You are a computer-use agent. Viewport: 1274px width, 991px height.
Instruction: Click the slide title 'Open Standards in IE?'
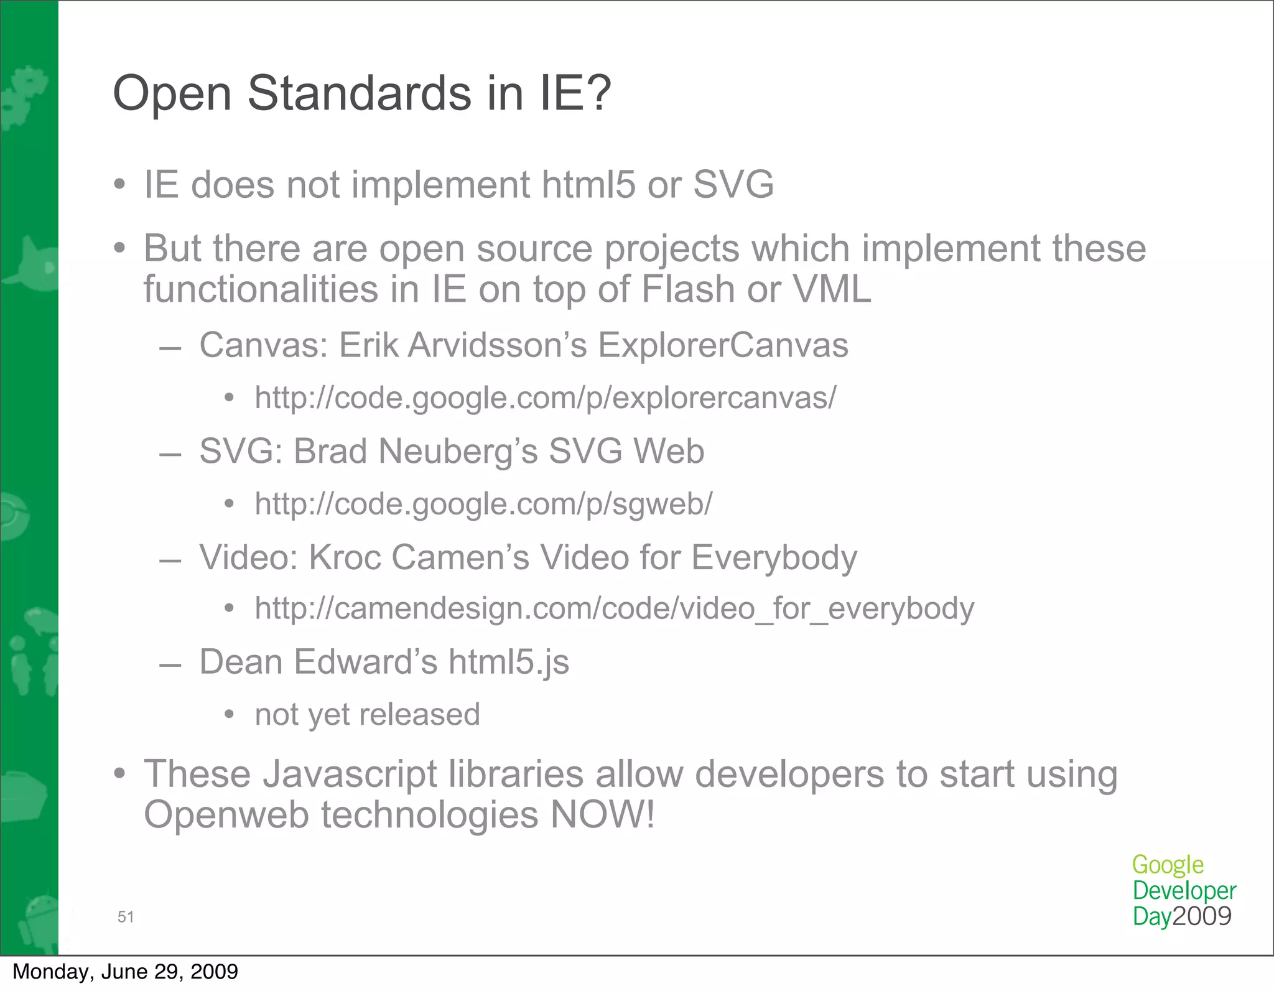(362, 93)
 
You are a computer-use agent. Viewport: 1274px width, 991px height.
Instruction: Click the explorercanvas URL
(546, 398)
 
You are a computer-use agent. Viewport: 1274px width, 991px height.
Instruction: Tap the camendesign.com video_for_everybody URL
(614, 608)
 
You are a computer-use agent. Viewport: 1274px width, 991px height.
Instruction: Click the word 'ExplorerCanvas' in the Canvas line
(723, 345)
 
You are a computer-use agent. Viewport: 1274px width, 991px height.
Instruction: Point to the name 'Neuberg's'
(458, 451)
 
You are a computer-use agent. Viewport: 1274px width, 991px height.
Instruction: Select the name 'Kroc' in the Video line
(345, 557)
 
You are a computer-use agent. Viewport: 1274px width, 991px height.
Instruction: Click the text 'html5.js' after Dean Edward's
(508, 662)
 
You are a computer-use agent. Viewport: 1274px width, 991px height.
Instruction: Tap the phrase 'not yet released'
(367, 715)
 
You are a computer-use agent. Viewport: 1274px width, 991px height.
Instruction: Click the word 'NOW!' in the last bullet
(602, 815)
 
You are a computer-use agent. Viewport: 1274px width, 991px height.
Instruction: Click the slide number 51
(126, 916)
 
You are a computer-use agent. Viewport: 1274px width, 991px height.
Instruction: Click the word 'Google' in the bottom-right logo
(1168, 865)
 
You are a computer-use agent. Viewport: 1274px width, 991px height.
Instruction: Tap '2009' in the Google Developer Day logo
(1202, 916)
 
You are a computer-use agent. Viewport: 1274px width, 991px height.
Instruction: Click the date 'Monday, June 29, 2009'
(125, 972)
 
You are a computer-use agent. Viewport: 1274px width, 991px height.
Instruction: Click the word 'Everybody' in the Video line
(774, 557)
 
